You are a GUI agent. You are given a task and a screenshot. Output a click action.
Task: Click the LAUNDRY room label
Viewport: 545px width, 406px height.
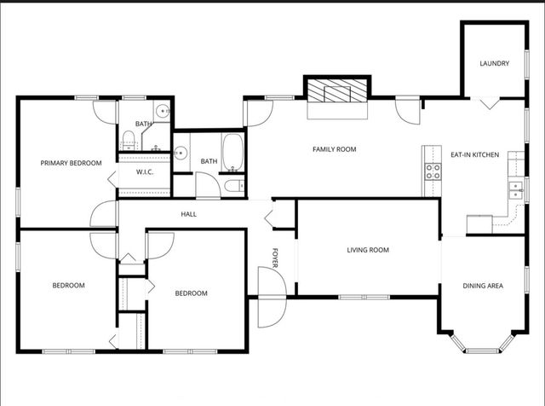[x=494, y=64]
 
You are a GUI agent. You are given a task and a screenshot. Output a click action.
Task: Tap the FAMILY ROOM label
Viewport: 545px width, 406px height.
[x=334, y=149]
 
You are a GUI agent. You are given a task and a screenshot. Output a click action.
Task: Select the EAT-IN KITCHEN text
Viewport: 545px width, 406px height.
[x=474, y=154]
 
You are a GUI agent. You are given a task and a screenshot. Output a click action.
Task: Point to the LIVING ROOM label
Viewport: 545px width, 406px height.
[x=368, y=250]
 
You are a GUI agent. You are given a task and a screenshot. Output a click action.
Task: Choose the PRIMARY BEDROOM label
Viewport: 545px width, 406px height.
[x=72, y=163]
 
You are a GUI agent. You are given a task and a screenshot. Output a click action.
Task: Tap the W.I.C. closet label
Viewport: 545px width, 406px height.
[x=145, y=171]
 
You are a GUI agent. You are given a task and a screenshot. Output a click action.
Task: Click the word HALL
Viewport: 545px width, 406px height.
[x=188, y=214]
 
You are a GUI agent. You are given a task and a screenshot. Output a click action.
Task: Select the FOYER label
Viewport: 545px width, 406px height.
[x=276, y=258]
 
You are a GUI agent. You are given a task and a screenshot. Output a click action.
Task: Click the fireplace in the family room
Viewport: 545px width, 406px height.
[x=337, y=91]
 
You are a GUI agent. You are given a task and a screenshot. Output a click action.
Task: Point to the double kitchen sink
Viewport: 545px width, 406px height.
[x=514, y=188]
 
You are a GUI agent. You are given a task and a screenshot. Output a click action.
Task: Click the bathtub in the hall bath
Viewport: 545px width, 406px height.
[x=233, y=152]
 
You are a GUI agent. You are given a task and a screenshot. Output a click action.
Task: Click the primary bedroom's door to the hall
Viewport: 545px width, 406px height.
[x=104, y=214]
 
